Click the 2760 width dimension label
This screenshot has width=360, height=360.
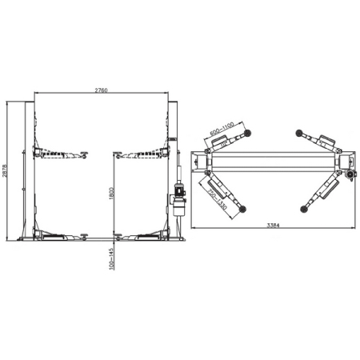click(x=102, y=90)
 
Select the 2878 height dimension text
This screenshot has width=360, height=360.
click(x=4, y=170)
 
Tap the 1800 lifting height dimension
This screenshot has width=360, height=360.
click(x=111, y=193)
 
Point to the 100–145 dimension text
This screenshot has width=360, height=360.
click(x=112, y=258)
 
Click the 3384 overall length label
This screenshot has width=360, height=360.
click(x=273, y=226)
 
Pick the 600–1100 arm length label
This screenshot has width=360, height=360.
click(x=222, y=129)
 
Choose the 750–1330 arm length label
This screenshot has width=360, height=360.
click(x=217, y=199)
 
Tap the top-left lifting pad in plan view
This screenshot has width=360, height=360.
click(x=247, y=133)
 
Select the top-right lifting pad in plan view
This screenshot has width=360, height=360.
click(x=299, y=133)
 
